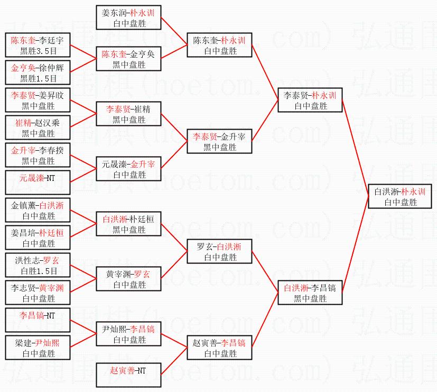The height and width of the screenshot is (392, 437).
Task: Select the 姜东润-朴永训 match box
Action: coord(128,17)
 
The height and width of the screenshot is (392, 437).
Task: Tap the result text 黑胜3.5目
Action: coord(38,51)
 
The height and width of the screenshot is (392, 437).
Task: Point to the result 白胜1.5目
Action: coord(38,271)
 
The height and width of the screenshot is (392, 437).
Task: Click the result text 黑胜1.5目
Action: coord(38,78)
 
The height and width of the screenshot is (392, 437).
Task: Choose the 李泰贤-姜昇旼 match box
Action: coord(38,99)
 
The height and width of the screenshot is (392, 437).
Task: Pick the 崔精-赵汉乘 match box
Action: coord(38,127)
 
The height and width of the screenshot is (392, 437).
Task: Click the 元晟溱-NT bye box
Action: coord(38,178)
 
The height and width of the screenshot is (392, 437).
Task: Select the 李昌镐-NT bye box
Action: coord(38,316)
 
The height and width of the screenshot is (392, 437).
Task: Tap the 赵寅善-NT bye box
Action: coord(128,371)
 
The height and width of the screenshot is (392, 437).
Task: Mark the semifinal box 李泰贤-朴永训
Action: coord(310,99)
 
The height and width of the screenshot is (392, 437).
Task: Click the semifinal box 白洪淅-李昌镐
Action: coord(310,293)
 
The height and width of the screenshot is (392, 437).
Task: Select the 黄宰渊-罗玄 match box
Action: coord(128,279)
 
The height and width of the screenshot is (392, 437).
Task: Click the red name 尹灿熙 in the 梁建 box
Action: coord(47,343)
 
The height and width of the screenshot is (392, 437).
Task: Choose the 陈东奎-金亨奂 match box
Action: coord(128,59)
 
